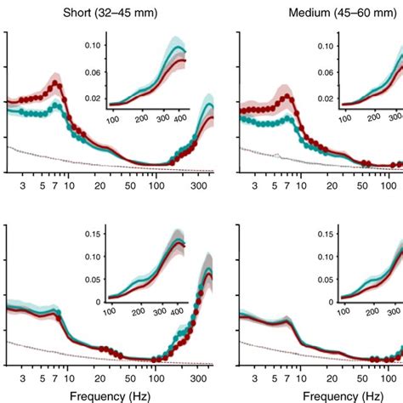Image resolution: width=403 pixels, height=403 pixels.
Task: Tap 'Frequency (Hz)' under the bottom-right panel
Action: tap(343, 394)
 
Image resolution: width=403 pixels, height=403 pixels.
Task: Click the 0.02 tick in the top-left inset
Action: tap(93, 99)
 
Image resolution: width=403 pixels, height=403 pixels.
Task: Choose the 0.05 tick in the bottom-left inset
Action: tap(93, 281)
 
